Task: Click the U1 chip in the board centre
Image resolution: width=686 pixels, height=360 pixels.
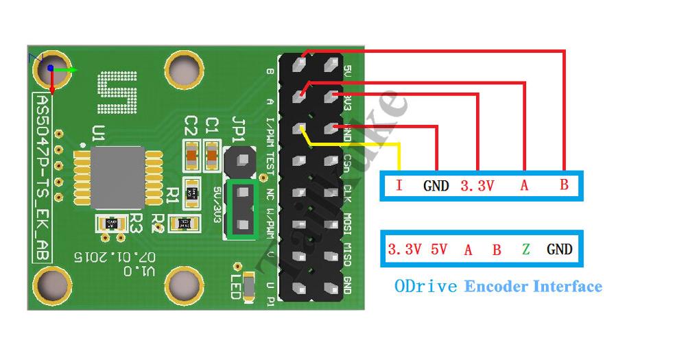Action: point(117,176)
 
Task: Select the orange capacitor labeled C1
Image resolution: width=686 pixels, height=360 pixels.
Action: point(212,154)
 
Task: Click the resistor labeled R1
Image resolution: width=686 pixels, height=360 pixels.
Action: point(192,191)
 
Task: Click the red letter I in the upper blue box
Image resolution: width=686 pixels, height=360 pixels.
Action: point(399,185)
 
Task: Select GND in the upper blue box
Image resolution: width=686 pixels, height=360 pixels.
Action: point(436,185)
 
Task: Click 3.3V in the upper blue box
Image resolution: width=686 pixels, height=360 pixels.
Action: point(477,185)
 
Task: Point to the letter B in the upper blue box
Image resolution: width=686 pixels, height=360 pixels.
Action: point(564,185)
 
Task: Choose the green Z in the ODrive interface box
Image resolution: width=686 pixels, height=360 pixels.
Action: point(525,249)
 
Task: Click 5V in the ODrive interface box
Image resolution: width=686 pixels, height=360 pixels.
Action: point(438,249)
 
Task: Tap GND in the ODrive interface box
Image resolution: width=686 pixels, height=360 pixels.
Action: point(559,249)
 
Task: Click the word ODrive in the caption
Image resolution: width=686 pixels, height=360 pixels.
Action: point(425,286)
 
